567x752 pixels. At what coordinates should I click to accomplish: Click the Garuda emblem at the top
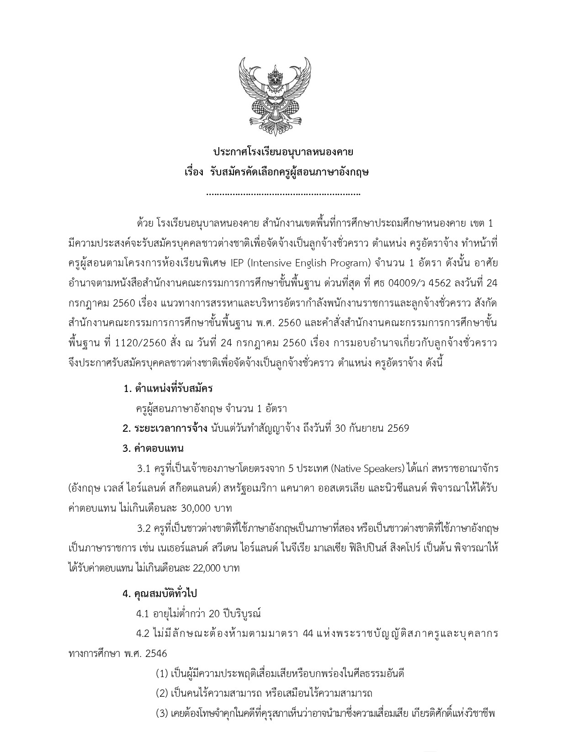tap(275, 94)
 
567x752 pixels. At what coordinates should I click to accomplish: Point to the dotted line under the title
tap(283, 194)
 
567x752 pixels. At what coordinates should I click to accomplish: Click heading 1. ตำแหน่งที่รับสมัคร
tap(169, 389)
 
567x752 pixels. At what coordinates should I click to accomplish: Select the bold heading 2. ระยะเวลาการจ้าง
tap(165, 428)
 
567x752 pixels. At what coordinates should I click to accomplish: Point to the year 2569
tap(398, 428)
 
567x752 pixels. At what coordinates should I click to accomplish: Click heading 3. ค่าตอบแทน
tap(153, 448)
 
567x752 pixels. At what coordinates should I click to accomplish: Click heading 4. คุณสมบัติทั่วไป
tap(159, 593)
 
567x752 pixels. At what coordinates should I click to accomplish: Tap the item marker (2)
tap(162, 693)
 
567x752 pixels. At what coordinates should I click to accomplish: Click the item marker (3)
tap(162, 713)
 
